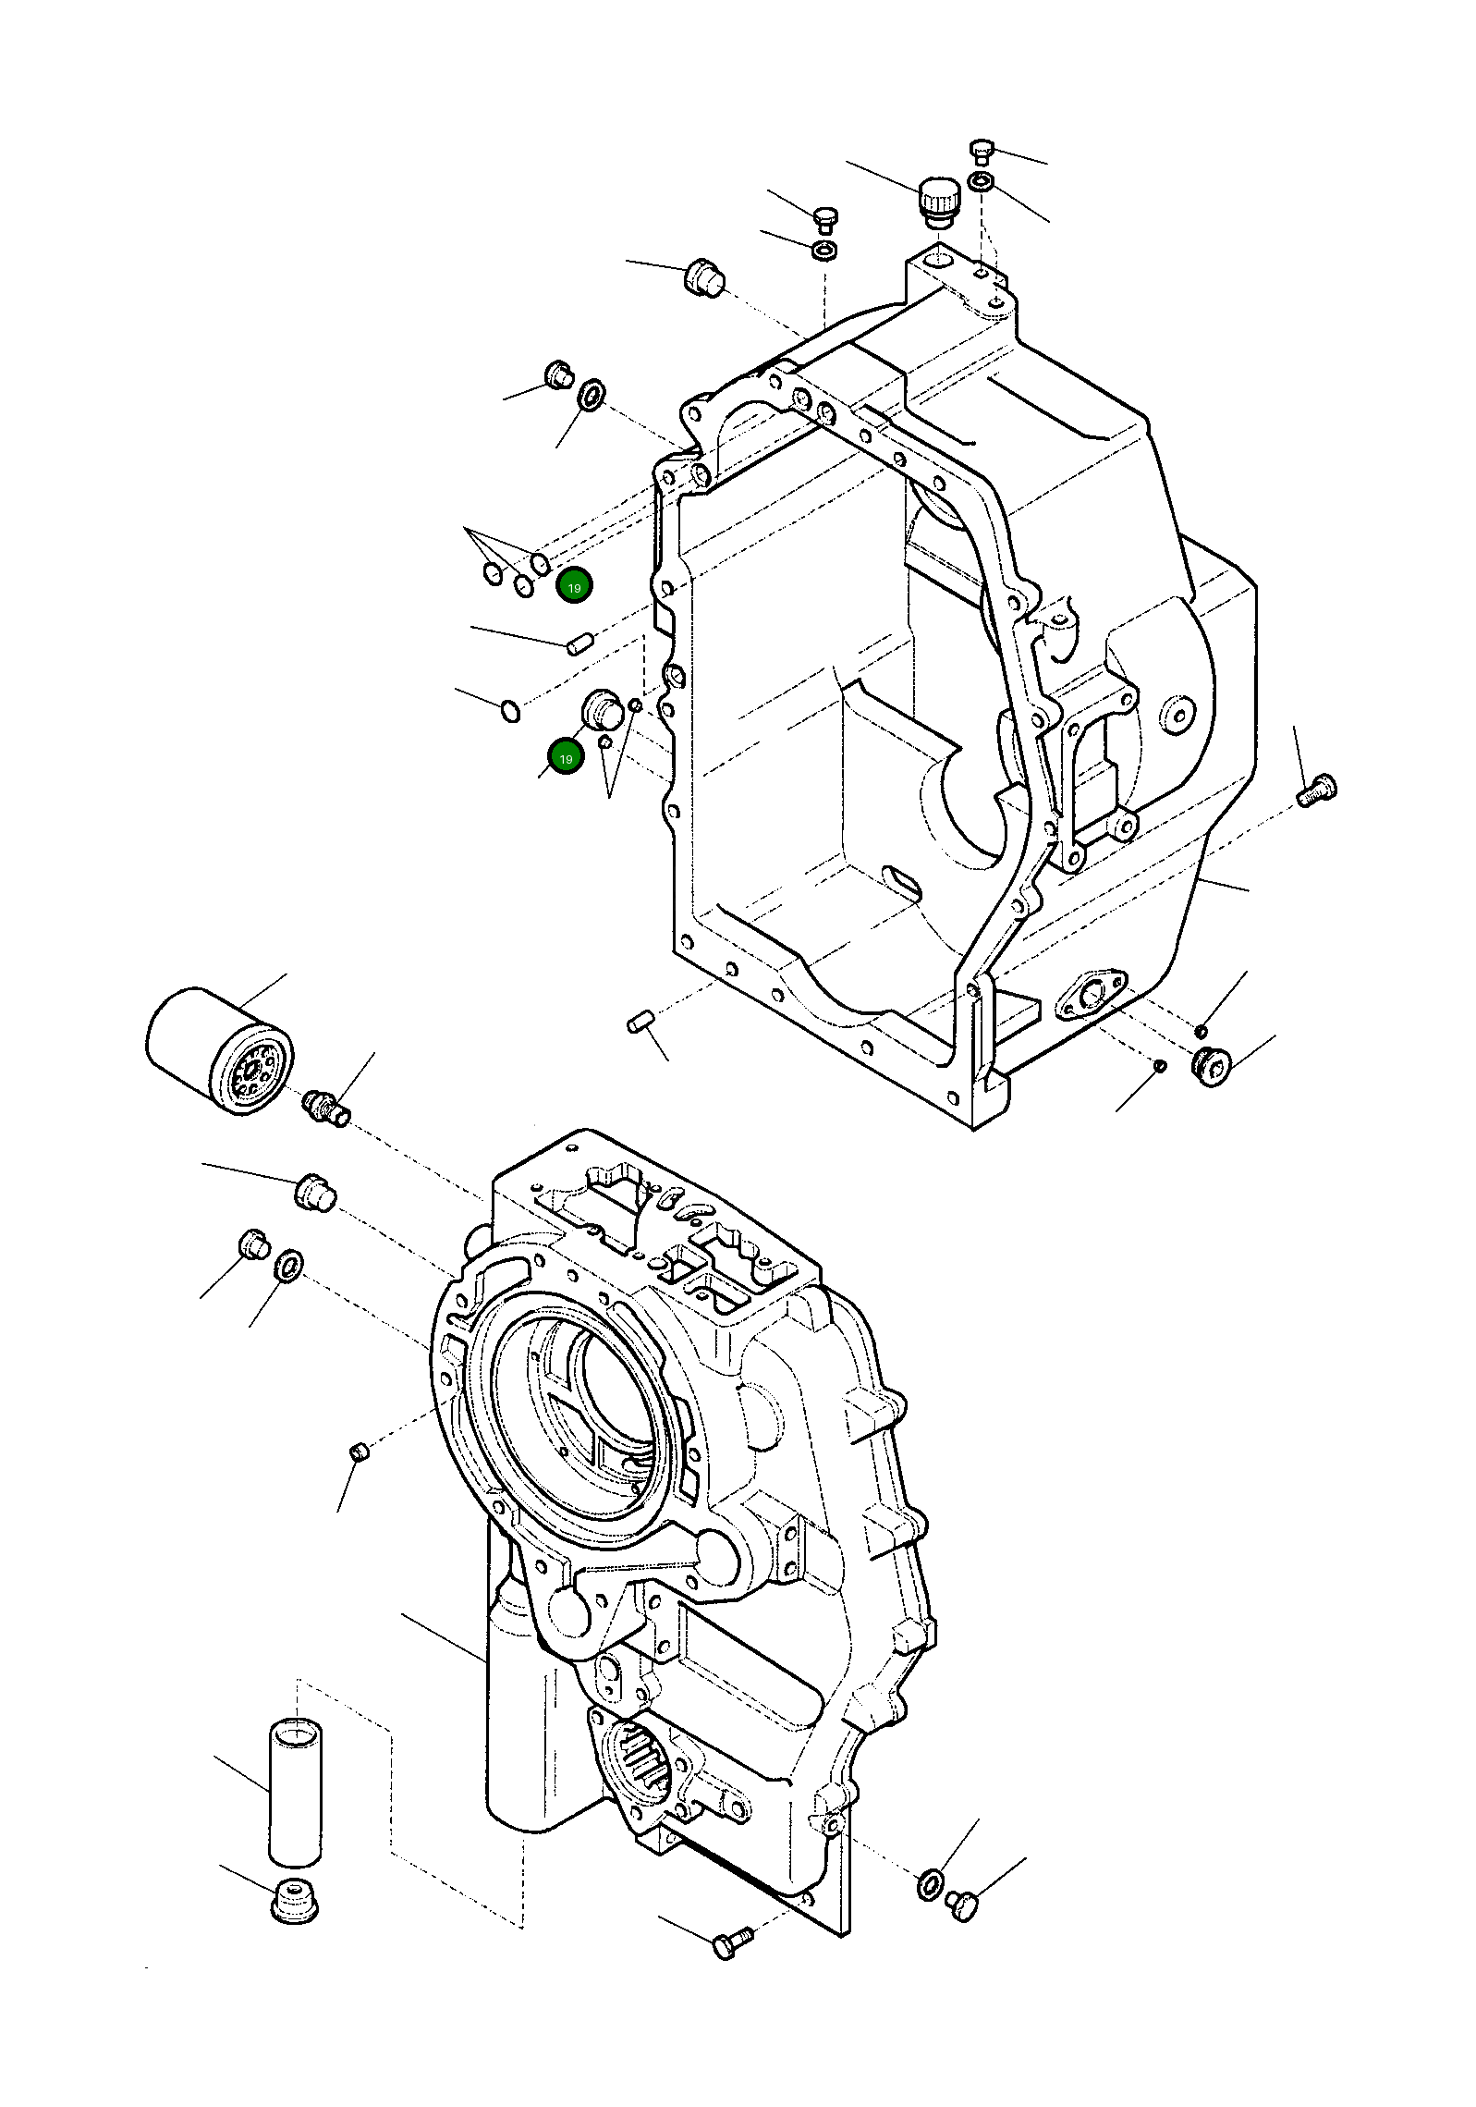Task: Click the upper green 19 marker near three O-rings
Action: pos(574,587)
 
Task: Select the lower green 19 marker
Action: pos(566,758)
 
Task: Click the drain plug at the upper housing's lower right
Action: pos(1211,1067)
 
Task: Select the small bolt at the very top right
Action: pos(982,150)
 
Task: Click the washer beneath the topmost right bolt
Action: pos(982,181)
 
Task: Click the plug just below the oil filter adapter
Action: pos(314,1192)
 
